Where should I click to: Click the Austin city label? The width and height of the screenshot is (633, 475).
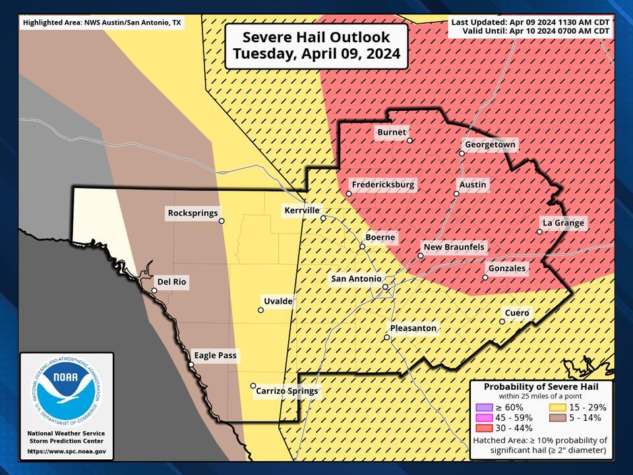click(473, 185)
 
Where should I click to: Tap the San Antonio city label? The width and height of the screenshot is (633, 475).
click(356, 279)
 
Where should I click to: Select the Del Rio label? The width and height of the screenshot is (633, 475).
click(171, 282)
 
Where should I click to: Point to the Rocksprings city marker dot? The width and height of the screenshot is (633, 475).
click(222, 221)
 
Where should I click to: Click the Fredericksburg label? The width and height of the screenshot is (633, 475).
click(383, 185)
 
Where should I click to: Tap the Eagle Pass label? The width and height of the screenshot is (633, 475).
click(215, 356)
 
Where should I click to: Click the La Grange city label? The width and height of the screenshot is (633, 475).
click(563, 223)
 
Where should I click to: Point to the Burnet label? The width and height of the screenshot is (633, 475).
click(392, 132)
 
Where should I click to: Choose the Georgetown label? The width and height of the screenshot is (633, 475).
click(490, 144)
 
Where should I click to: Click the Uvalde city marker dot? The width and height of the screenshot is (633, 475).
click(260, 309)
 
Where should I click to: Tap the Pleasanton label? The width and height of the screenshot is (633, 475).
click(413, 328)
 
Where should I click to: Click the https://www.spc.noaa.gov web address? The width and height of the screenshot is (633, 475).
click(66, 452)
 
